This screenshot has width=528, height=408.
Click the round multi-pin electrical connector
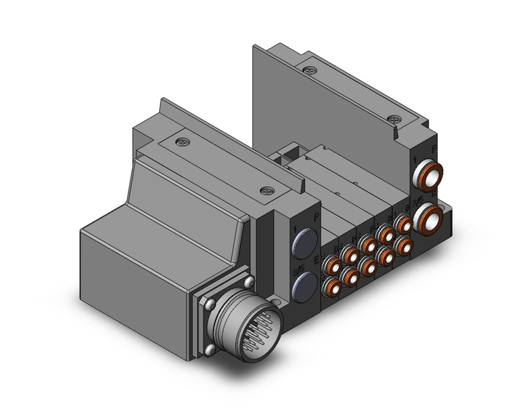(x=240, y=324)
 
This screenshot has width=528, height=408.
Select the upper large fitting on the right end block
(x=428, y=177)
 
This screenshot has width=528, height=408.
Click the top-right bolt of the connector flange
(x=249, y=281)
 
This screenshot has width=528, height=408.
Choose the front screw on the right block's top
(x=395, y=119)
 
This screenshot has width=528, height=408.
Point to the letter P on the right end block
(x=434, y=149)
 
